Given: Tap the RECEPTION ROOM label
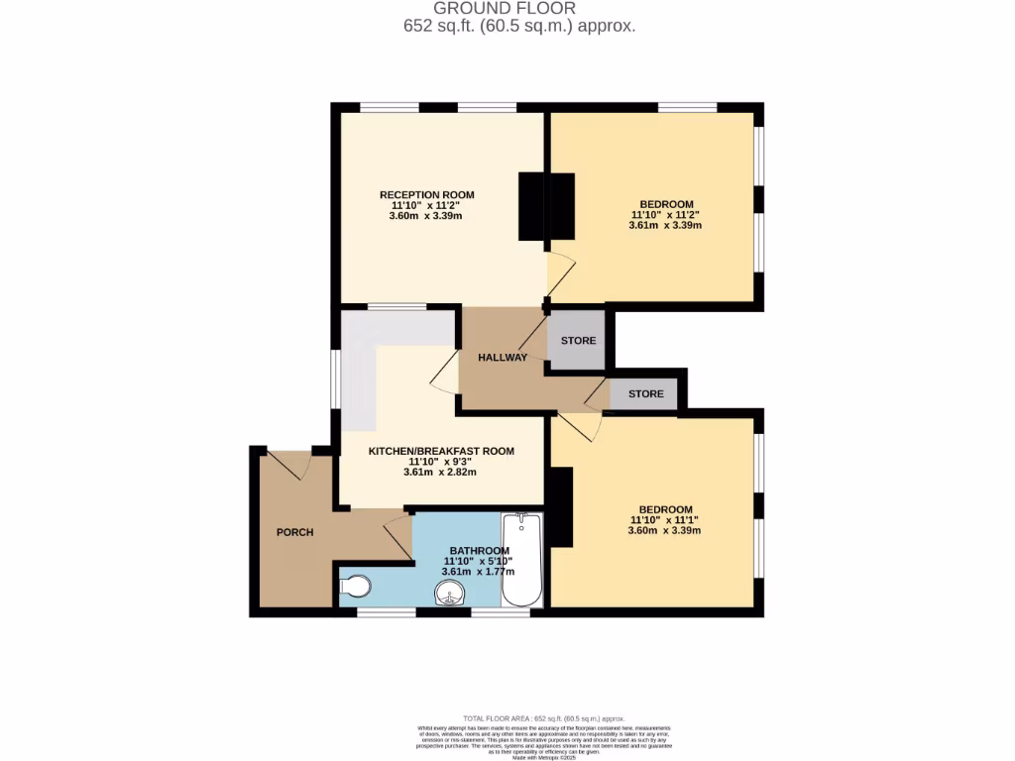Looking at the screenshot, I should [426, 194].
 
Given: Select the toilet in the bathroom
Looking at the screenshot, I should [356, 587].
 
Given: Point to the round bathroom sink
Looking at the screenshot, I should [451, 594].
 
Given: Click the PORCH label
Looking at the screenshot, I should [294, 532].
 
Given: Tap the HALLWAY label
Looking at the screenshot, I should [503, 358].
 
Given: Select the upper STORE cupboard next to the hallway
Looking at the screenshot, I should [578, 341].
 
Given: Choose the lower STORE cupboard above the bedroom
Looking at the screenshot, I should [645, 393].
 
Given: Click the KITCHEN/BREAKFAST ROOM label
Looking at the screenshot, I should [441, 451].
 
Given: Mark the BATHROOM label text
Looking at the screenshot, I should [480, 551].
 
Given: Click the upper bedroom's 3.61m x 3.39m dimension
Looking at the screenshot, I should [665, 225].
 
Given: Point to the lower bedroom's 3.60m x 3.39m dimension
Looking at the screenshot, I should [664, 530].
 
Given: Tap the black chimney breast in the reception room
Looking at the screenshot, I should [545, 206].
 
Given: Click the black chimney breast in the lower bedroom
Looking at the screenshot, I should [562, 506].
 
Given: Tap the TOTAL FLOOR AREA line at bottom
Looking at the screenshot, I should [545, 717].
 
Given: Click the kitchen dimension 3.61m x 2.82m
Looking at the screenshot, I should [440, 472].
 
